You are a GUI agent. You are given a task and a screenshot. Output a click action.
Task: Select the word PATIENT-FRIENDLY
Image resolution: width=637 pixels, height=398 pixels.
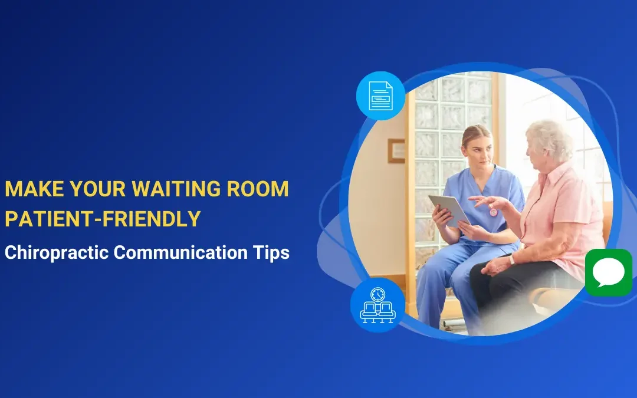point(103,219)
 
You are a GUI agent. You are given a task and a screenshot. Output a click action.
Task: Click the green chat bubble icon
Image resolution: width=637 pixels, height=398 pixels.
point(608,272)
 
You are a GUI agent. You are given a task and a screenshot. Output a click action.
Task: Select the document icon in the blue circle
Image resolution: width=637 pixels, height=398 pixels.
point(380,96)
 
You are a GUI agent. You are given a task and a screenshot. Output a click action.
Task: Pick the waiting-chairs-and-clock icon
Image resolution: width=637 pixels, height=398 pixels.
point(377,305)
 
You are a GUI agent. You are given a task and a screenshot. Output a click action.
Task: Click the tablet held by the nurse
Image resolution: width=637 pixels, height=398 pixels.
point(449,210)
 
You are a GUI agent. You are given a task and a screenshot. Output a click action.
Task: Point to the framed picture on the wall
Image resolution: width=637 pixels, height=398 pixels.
point(396,151)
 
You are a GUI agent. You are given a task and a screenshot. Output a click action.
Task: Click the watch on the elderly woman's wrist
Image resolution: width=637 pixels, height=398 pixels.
point(511,259)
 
